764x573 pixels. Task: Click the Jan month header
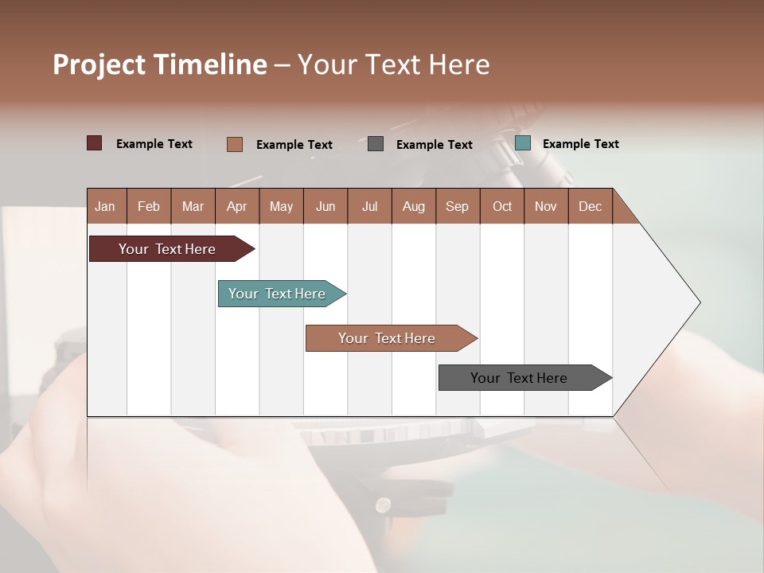[x=106, y=206]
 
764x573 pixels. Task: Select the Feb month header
[x=149, y=206]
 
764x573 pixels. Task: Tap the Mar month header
[x=193, y=206]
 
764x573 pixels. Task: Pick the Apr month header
[x=237, y=206]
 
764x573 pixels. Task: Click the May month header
[x=281, y=206]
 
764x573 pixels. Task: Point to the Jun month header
[x=325, y=206]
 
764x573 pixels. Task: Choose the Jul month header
[x=369, y=206]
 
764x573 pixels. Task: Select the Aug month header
[x=414, y=206]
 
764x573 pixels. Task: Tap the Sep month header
[x=458, y=206]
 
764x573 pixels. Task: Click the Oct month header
[x=502, y=206]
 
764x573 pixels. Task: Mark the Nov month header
[x=546, y=206]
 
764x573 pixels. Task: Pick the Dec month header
[x=591, y=206]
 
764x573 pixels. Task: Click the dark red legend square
[x=95, y=143]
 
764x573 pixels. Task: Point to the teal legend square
[x=522, y=143]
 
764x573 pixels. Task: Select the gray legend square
[x=376, y=143]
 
